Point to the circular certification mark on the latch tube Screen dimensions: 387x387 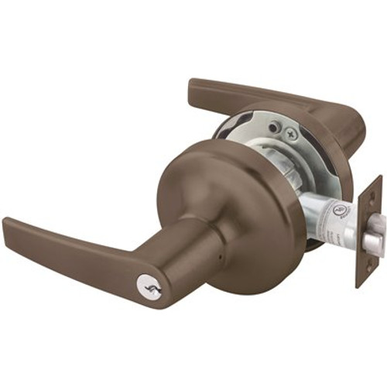pos(336,210)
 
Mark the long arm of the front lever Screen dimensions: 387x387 pos(77,248)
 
